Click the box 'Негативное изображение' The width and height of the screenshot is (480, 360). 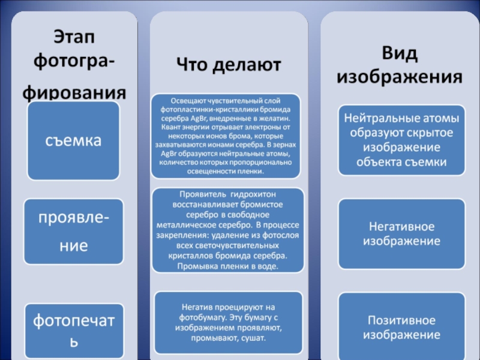point(401,234)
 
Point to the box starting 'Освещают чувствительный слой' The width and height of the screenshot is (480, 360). point(226,135)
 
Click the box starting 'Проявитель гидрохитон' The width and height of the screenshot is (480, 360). point(226,230)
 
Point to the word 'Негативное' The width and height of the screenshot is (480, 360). point(401,227)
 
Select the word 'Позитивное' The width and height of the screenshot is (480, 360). point(401,320)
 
